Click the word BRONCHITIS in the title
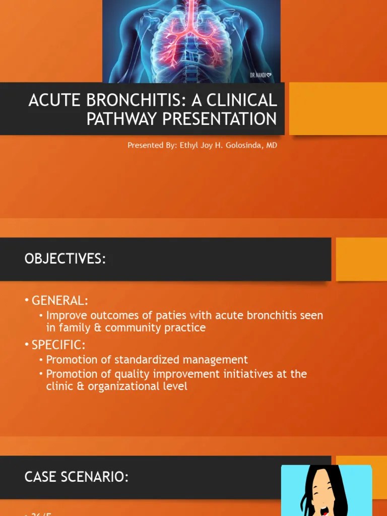coord(132,100)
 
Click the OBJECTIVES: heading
coord(65,259)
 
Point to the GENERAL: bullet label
coord(59,301)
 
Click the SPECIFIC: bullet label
coord(58,345)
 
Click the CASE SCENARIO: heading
coord(76,477)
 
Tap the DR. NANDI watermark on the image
coord(261,75)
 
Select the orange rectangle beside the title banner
coord(338,109)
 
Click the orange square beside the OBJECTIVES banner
coord(361,259)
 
